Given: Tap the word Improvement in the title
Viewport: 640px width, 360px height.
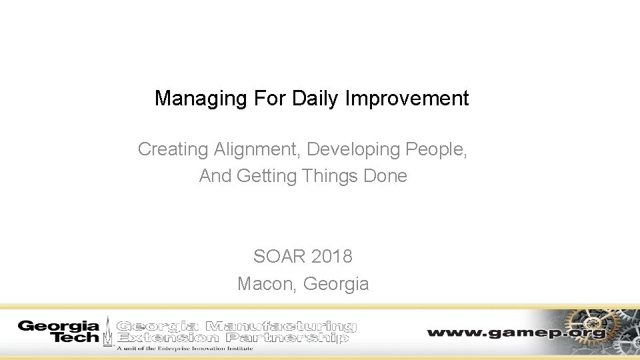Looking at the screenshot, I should (x=407, y=99).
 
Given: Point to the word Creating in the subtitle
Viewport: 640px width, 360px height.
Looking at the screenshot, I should (x=173, y=149).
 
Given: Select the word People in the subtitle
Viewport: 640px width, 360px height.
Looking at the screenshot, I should (x=437, y=149).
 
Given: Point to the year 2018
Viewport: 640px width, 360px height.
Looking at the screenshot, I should (x=330, y=256).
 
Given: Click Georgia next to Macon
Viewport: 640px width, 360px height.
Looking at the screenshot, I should (x=336, y=284).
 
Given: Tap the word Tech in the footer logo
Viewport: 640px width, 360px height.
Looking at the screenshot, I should (x=75, y=338).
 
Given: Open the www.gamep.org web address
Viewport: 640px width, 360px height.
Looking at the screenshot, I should (x=516, y=332).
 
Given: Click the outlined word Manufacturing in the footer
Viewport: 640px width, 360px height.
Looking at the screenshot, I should (x=281, y=327).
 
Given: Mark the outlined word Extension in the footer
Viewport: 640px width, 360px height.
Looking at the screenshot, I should (x=167, y=338).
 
